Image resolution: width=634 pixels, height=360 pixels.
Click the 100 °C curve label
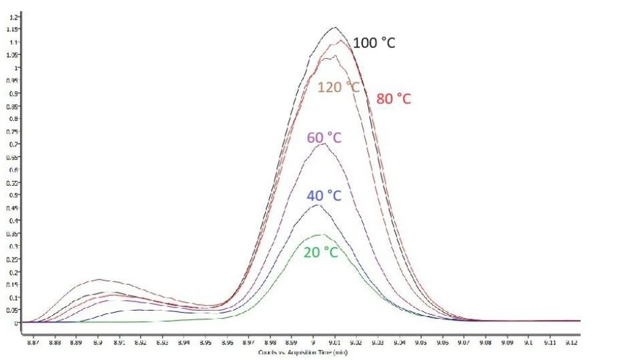(374, 43)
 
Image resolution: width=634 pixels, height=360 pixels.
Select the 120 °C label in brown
(339, 87)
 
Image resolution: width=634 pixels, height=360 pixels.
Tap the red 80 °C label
(394, 99)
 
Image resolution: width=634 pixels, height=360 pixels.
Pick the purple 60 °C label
(324, 138)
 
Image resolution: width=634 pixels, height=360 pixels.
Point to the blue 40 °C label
(323, 197)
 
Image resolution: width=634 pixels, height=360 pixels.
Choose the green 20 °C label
(321, 252)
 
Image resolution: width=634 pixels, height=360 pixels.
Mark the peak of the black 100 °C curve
(334, 28)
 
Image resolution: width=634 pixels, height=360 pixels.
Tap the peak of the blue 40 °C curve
(316, 205)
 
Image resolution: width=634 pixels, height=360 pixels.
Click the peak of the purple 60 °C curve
(323, 143)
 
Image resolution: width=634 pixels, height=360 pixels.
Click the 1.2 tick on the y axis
(14, 16)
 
